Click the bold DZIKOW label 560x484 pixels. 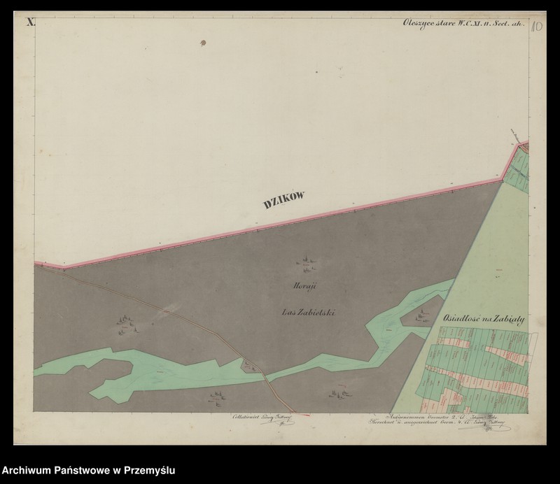coord(285,201)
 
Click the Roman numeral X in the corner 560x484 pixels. coord(31,22)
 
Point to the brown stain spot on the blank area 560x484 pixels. coord(204,43)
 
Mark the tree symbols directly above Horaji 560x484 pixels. coord(306,264)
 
